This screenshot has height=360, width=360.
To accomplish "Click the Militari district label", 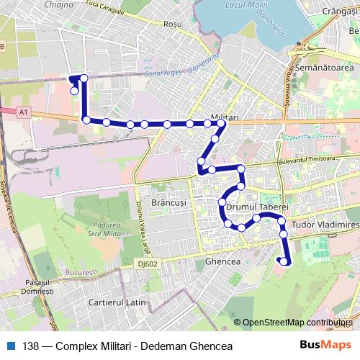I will pyautogui.click(x=225, y=117).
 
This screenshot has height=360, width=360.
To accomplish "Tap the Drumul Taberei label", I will pyautogui.click(x=256, y=206).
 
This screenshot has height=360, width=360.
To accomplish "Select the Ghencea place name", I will pyautogui.click(x=222, y=261).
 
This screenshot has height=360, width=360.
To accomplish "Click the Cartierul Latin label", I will pyautogui.click(x=117, y=302).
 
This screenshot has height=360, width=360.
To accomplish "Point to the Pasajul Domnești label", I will pyautogui.click(x=38, y=287).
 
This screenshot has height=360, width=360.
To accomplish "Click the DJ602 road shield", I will pyautogui.click(x=150, y=264).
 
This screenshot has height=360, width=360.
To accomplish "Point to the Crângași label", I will pyautogui.click(x=335, y=12).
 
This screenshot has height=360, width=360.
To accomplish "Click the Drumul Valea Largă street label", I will pyautogui.click(x=136, y=213).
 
